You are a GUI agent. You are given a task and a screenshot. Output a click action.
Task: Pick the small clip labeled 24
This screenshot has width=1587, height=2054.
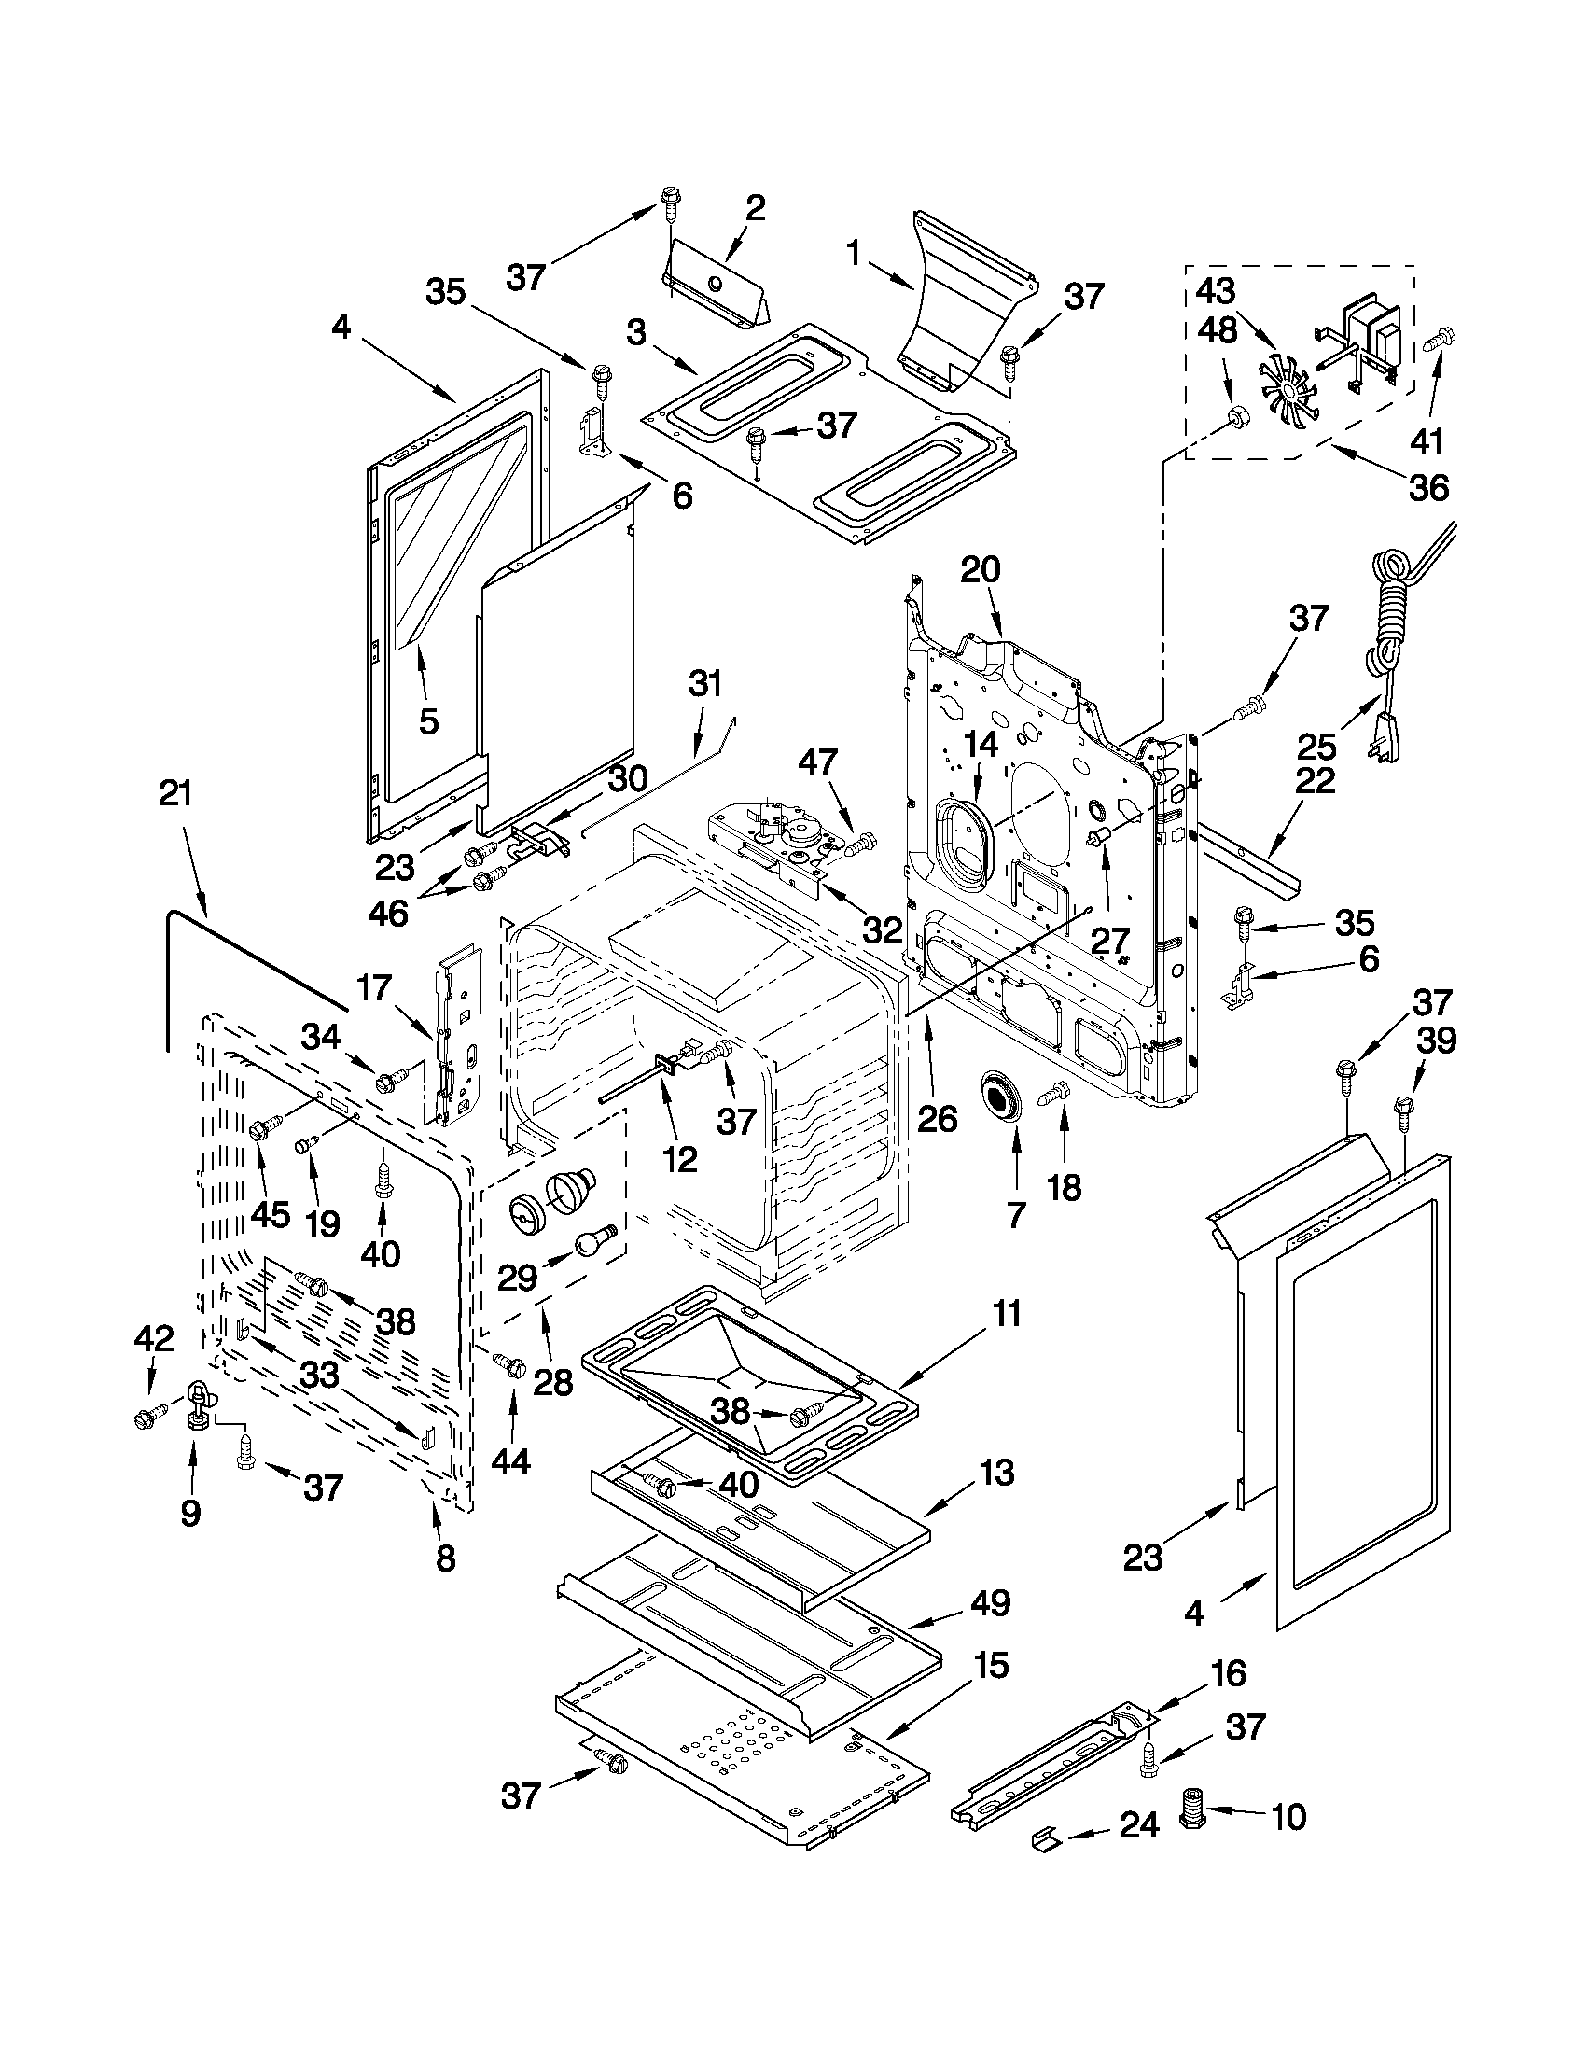[1045, 1836]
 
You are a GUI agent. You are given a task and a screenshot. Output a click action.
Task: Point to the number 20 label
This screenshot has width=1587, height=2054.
[981, 570]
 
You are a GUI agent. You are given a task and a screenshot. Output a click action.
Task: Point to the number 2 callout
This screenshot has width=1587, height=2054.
[756, 208]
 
